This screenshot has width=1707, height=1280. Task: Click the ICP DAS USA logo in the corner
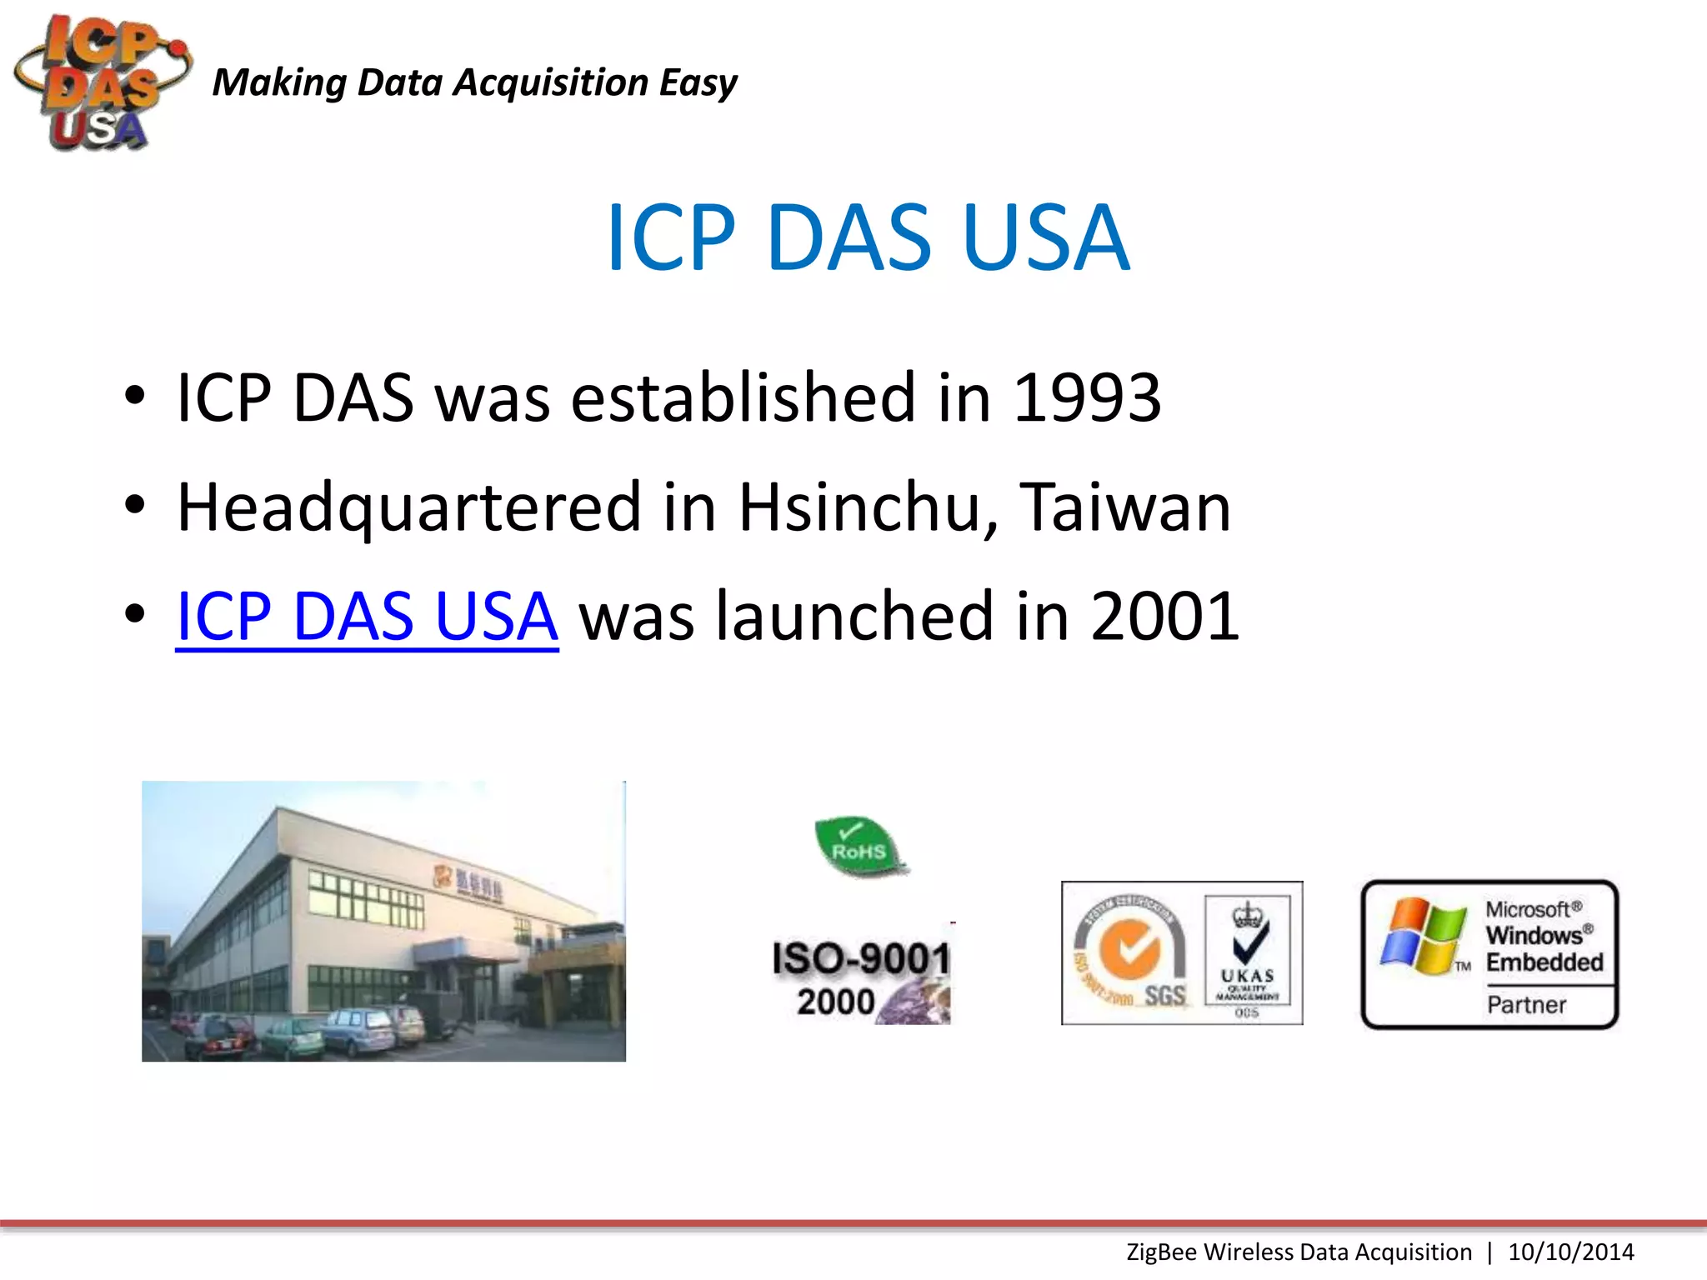[x=100, y=83]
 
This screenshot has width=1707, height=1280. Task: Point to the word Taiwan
[x=1125, y=507]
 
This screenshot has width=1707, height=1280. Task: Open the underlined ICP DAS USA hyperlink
[x=367, y=617]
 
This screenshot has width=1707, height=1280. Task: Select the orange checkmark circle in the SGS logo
[x=1129, y=949]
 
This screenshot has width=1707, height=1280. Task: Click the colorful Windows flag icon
[x=1422, y=936]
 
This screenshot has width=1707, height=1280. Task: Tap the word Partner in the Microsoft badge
[x=1526, y=1005]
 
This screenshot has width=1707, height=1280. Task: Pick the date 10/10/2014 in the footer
[x=1570, y=1252]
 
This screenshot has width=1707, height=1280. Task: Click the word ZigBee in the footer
[x=1162, y=1252]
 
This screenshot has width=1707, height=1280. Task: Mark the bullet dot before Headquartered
[x=135, y=505]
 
